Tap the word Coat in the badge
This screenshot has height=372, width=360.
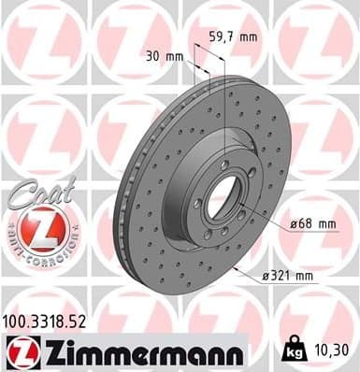click(x=35, y=193)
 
